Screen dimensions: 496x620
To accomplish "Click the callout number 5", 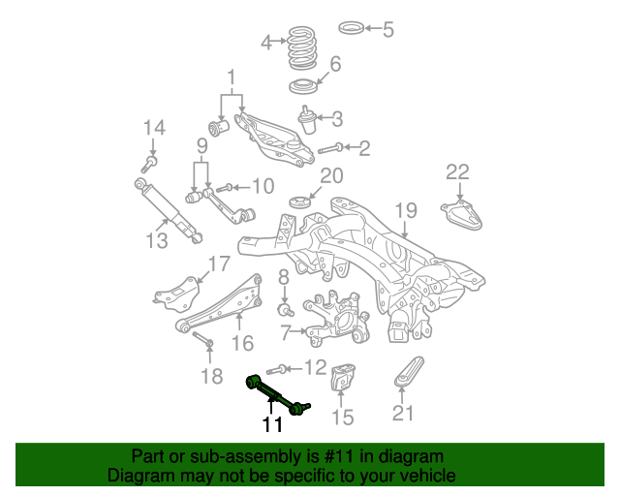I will pos(388,29).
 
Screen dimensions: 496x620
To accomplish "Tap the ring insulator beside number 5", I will pos(354,25).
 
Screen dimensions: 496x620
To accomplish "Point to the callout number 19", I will pos(405,210).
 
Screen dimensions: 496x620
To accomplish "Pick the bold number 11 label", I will pos(271,424).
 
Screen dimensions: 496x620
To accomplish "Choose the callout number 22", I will pos(457,172).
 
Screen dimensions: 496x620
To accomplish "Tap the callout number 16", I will pos(242,342).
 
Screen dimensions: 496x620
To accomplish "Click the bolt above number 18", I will pos(200,339).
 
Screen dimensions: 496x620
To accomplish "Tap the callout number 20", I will pos(332,176).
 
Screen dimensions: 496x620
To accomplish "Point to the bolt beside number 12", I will pos(274,368).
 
